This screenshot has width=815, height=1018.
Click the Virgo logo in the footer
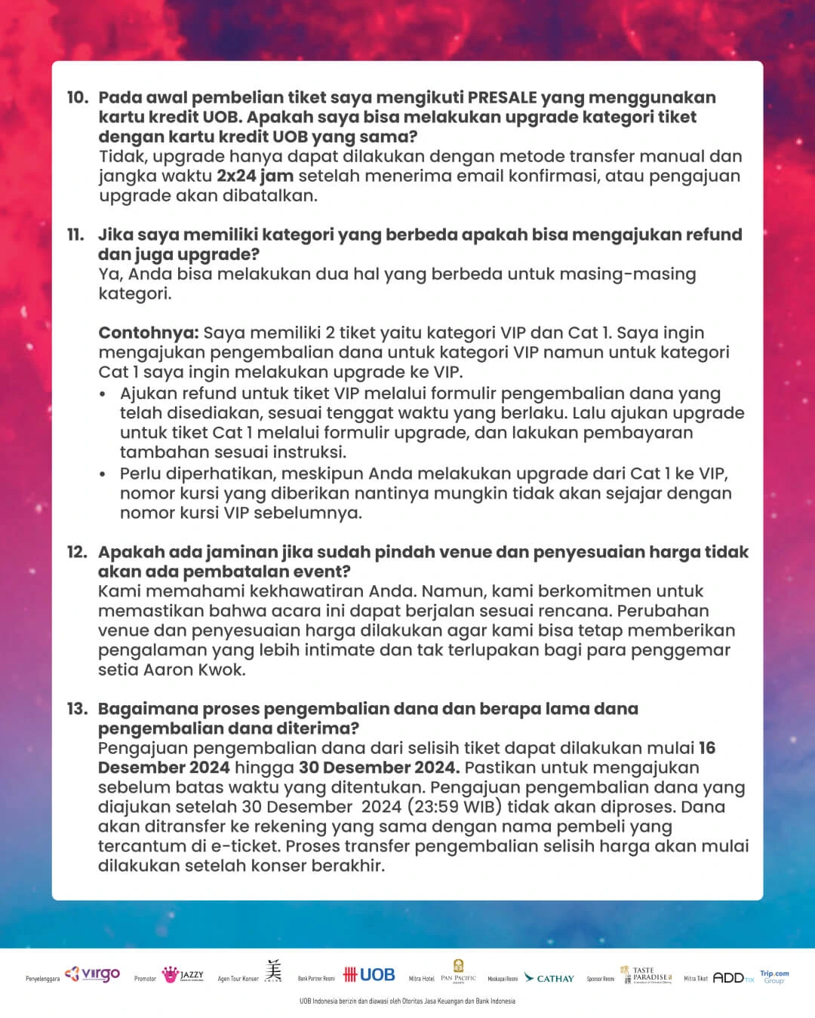pos(93,974)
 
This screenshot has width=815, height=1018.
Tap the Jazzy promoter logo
pos(183,975)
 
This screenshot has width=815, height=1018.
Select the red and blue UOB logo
pos(369,975)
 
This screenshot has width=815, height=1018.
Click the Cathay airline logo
pos(549,978)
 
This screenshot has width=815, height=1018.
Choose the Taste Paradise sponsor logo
pos(645,974)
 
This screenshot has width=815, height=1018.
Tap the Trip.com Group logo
pos(774,977)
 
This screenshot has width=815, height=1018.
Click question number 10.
pos(77,98)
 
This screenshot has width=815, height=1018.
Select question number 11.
pos(76,235)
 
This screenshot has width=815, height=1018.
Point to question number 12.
pos(77,552)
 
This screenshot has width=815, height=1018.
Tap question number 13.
pos(77,709)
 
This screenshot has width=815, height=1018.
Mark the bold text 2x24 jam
pos(254,176)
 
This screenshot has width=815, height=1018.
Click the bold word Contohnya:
pos(149,333)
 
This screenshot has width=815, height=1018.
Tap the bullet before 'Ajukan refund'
pos(103,394)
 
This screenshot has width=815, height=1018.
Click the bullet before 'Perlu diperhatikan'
pos(103,474)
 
